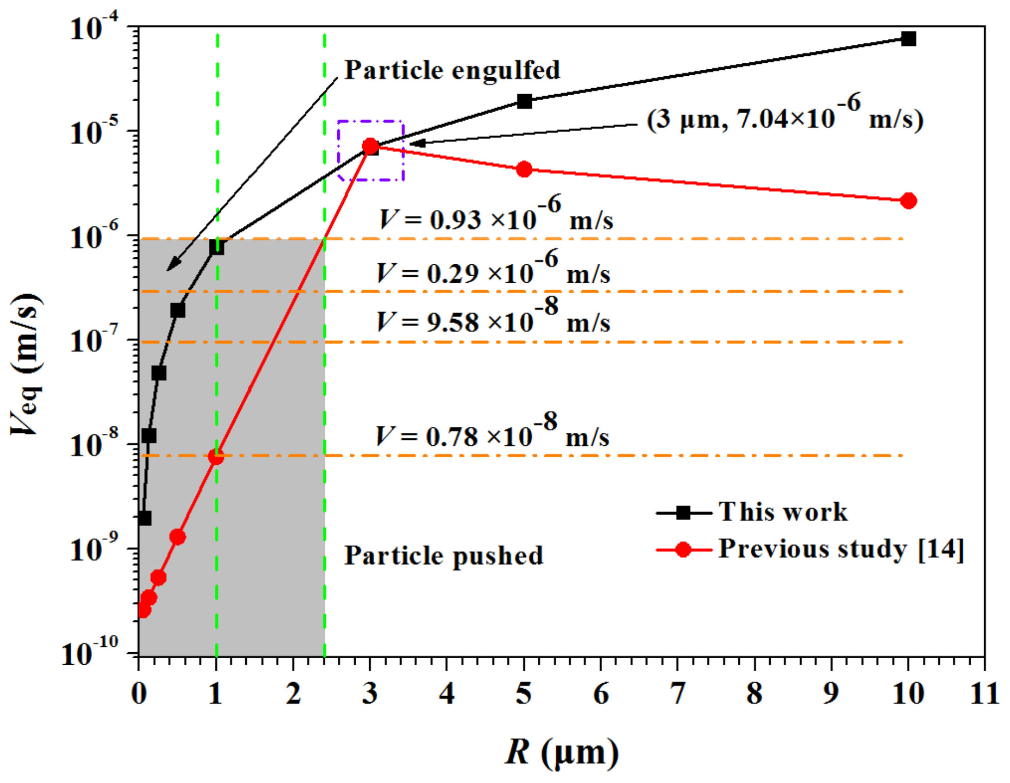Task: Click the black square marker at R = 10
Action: click(908, 39)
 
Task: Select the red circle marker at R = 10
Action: click(908, 201)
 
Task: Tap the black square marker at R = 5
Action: click(524, 101)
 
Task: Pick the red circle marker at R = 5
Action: click(524, 169)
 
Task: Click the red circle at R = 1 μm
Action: click(216, 457)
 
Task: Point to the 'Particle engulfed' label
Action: click(452, 70)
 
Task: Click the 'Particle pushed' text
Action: click(443, 555)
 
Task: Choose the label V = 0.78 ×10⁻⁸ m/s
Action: click(492, 435)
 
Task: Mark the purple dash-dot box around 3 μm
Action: click(371, 151)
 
